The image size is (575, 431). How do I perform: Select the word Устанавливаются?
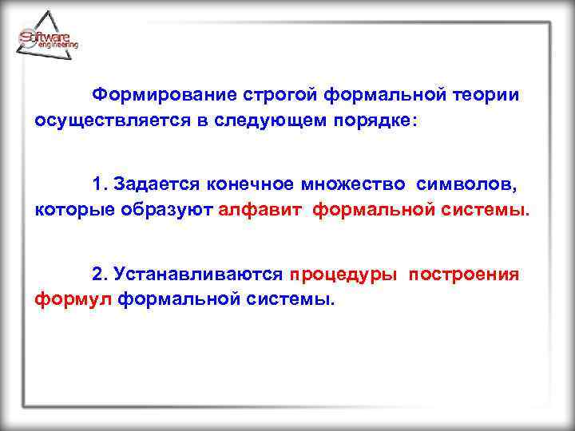coord(199,275)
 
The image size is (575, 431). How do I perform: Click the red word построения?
coord(464,275)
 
